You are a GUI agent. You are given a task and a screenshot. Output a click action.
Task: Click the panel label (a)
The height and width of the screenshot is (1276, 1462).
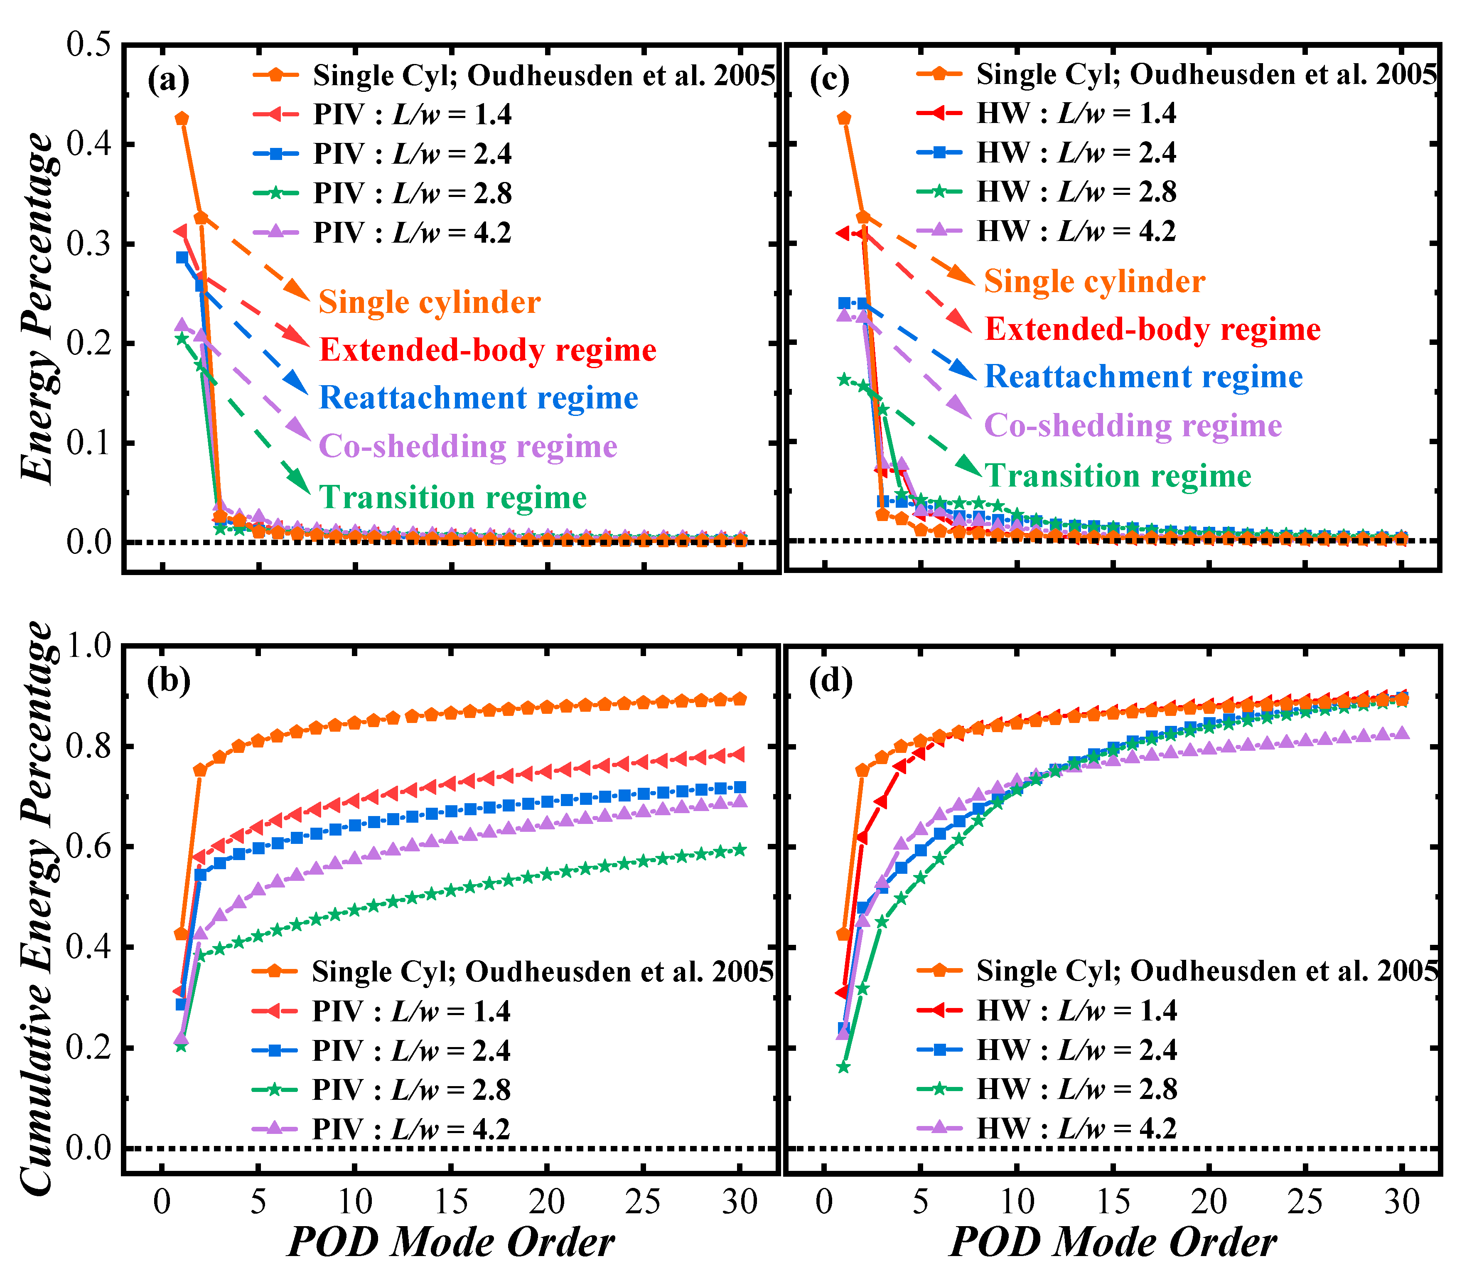point(168,80)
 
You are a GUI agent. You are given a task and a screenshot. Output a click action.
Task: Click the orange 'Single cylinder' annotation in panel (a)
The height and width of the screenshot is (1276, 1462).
point(430,302)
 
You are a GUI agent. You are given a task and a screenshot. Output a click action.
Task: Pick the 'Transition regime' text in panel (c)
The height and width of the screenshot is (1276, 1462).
point(1117,476)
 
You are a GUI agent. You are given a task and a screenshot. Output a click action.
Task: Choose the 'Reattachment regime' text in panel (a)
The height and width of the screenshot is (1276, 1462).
point(479,397)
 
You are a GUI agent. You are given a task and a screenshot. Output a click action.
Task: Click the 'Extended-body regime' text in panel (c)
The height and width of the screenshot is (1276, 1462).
point(1152,329)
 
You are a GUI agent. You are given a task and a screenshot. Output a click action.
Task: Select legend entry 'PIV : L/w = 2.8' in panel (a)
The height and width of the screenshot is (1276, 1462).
point(412,193)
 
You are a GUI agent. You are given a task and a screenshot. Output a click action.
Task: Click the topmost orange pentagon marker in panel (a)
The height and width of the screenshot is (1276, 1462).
point(182,118)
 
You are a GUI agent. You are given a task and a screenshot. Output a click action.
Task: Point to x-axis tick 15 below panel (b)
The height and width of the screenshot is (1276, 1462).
point(451,1202)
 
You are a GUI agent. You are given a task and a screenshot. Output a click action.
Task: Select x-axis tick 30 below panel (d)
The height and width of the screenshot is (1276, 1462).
point(1401,1202)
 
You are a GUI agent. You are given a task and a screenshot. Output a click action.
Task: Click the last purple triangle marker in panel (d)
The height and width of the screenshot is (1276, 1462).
point(1401,733)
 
